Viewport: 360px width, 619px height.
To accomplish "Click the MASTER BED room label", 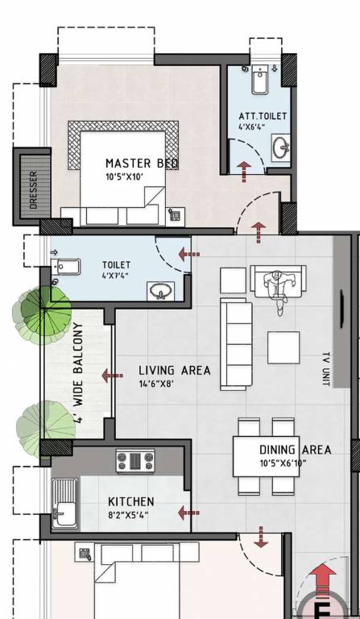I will point(142,164).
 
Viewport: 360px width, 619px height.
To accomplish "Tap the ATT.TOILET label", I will point(263,116).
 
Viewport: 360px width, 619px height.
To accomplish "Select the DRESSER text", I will point(33,189).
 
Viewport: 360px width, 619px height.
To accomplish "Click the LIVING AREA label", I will point(174,371).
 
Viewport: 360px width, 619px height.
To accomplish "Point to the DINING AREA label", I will point(294,450).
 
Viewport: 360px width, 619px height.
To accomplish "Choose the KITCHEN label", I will point(130,501).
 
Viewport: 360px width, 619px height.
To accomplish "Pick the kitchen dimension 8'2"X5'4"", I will point(130,515).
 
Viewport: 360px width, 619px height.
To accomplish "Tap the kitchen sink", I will point(64,506).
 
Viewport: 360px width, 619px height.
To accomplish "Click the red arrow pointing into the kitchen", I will point(188,512).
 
